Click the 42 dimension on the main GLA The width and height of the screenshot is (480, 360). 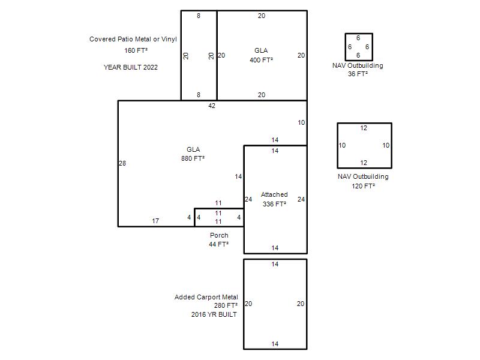212,106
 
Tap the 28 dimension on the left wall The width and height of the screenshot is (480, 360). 122,163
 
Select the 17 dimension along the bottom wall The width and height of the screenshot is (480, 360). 155,221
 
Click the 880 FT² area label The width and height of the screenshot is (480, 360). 193,158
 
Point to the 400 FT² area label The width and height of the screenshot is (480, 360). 261,60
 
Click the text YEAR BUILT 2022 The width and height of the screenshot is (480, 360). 131,67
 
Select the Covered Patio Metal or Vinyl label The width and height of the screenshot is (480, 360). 133,39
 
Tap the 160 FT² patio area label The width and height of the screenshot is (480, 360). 136,50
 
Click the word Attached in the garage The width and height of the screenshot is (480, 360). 274,194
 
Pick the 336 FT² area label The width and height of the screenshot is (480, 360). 274,204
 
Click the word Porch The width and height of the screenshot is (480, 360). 219,235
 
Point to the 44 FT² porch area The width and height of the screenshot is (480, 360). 218,244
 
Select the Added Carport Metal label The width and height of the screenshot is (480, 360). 206,297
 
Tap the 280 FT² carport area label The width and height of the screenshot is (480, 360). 226,305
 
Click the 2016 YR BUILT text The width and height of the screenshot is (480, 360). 214,314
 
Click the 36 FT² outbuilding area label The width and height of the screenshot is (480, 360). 358,74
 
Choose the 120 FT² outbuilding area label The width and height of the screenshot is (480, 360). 364,186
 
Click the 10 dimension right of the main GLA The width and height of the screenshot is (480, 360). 302,123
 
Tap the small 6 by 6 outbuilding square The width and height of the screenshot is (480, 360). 346,47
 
